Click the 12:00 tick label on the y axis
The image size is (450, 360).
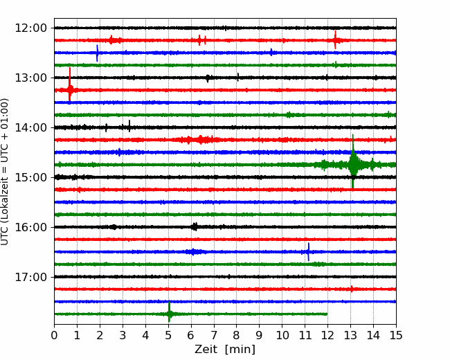30,28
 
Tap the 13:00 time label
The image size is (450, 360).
30,78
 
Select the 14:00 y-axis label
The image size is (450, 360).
30,127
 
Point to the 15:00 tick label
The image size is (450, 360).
30,177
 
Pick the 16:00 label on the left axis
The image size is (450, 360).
30,227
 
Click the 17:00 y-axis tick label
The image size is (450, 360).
30,277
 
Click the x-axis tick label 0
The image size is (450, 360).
54,335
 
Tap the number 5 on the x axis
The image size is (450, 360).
168,335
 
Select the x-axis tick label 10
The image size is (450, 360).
282,335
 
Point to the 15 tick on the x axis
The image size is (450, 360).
396,335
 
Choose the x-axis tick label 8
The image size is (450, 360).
237,335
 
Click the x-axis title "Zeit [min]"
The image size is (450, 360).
225,350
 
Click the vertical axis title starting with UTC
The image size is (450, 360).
4,172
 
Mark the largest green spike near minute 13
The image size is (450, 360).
353,161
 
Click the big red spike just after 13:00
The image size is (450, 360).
70,84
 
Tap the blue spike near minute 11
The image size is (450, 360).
309,252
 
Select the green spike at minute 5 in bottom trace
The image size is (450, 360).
169,312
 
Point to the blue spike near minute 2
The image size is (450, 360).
98,53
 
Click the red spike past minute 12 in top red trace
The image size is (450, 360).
335,40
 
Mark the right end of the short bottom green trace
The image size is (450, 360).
327,314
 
